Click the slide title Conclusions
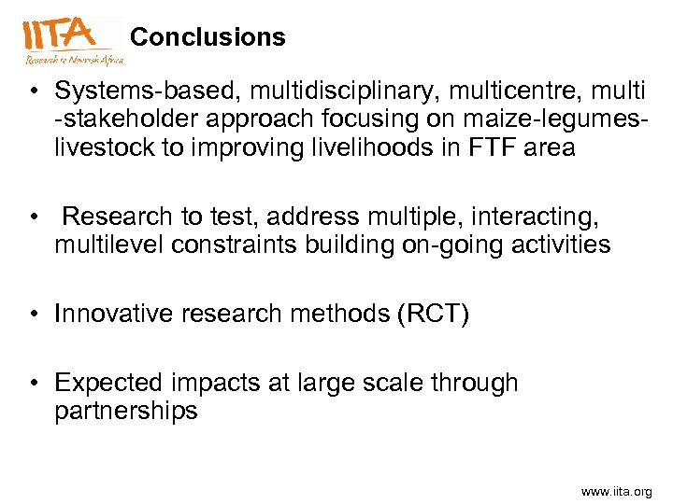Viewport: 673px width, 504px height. tap(208, 37)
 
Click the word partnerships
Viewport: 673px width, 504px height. tap(126, 411)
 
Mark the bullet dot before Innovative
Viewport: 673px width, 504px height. tap(33, 315)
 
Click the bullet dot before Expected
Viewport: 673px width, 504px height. tap(33, 384)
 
